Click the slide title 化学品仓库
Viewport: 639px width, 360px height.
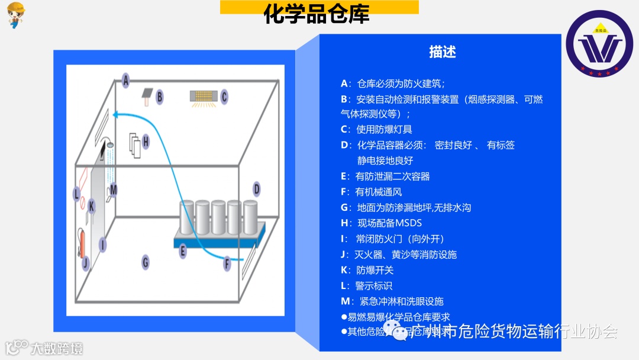click(x=318, y=15)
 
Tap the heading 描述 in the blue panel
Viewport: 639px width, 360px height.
click(x=443, y=52)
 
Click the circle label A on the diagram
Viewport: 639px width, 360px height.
click(x=125, y=80)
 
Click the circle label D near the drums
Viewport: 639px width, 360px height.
click(x=256, y=189)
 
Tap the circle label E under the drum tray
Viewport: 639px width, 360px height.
click(x=183, y=251)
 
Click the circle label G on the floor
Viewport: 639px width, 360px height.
click(x=145, y=262)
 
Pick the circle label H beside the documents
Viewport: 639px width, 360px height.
click(x=146, y=142)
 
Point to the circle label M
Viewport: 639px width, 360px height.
click(x=113, y=189)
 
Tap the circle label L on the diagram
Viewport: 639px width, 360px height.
click(x=76, y=194)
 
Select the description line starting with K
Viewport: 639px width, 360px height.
click(x=367, y=270)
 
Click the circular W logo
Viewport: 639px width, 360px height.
click(x=599, y=44)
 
